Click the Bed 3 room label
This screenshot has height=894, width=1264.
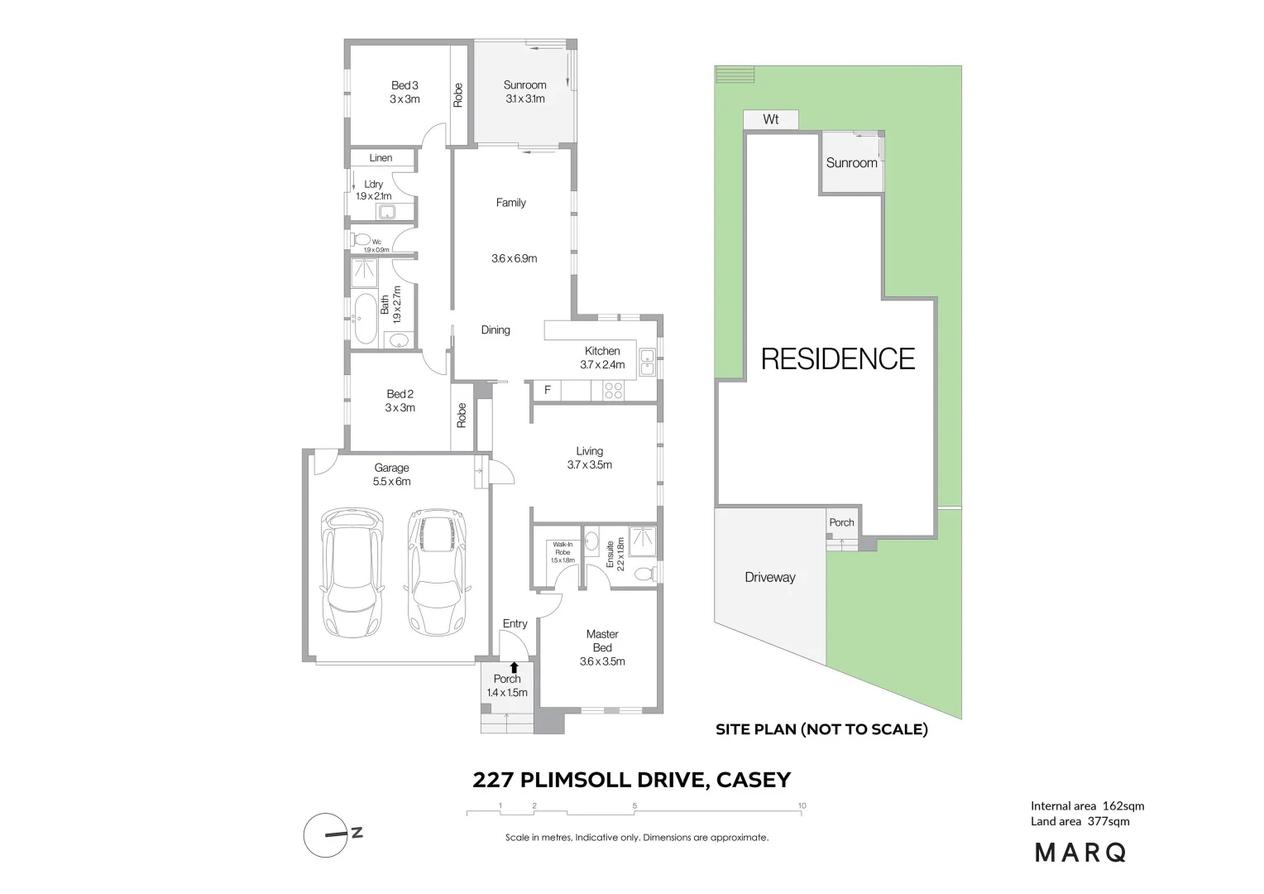point(405,92)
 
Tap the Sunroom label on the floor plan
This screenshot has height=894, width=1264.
point(524,91)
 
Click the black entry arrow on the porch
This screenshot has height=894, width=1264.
point(515,666)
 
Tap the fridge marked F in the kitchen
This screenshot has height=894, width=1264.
point(547,390)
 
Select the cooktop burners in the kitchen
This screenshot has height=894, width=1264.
point(613,390)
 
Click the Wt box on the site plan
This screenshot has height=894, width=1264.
point(770,119)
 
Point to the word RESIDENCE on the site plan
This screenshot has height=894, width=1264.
point(837,358)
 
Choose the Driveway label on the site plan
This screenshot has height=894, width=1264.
point(769,577)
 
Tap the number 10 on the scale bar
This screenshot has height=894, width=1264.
point(802,805)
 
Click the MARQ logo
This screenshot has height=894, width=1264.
point(1080,852)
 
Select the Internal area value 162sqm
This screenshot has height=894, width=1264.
point(1123,805)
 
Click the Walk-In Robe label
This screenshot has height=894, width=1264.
point(563,552)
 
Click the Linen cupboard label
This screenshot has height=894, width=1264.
point(381,157)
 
